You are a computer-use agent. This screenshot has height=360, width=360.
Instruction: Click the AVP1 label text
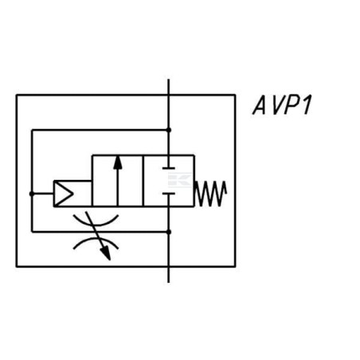point(282,105)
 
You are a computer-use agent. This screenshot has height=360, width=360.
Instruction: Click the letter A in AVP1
point(260,105)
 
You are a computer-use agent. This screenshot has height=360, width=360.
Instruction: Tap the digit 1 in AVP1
point(307,105)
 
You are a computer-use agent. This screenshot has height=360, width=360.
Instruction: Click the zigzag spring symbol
point(210,194)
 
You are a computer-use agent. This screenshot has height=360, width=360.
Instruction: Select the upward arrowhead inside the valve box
point(118,162)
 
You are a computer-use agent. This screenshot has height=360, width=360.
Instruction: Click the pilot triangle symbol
point(64,194)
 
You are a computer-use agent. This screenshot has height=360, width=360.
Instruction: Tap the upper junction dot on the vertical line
point(169,130)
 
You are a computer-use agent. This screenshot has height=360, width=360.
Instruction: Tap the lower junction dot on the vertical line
point(169,232)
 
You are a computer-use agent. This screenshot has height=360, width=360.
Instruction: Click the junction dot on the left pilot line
point(32,194)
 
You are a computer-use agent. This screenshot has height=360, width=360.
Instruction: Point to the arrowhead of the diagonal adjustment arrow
point(106,253)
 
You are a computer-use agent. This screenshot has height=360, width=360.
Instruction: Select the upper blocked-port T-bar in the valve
point(169,168)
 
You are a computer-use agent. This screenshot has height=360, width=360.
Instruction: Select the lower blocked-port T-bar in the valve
point(169,194)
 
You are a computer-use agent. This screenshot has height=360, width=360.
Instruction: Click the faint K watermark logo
point(179,180)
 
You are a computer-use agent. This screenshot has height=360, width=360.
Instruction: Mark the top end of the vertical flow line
point(169,79)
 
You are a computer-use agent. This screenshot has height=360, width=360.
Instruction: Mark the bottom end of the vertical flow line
point(169,283)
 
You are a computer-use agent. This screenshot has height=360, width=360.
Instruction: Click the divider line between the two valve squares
point(143,181)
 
